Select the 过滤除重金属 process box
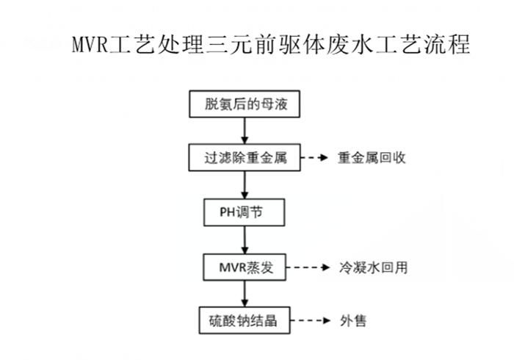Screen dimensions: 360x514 pos(244,158)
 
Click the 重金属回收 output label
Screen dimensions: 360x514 pos(372,158)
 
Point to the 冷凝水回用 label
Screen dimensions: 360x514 pos(373,267)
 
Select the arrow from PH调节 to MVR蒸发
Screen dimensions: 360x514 pos(244,240)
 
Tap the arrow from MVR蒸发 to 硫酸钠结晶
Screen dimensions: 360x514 pos(244,294)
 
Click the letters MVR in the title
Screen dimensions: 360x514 pos(89,46)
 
